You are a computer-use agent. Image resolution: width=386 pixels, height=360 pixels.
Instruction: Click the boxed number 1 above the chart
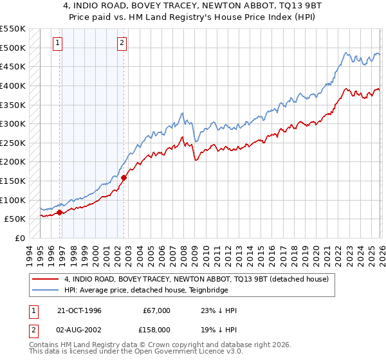click(57, 43)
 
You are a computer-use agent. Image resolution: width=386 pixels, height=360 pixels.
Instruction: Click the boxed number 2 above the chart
click(122, 43)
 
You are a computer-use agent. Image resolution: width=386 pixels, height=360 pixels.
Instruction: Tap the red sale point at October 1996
click(60, 212)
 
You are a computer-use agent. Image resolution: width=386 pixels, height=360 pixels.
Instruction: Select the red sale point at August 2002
click(124, 177)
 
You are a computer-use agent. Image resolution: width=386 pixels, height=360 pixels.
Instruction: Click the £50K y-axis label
click(15, 219)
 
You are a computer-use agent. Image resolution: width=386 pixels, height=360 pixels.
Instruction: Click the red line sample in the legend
click(45, 279)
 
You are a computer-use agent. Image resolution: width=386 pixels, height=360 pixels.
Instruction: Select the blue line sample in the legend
click(45, 290)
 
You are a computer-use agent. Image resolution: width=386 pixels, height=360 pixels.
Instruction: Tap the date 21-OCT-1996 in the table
click(79, 310)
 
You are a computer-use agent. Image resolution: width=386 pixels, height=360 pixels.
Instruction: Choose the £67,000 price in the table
click(156, 310)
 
